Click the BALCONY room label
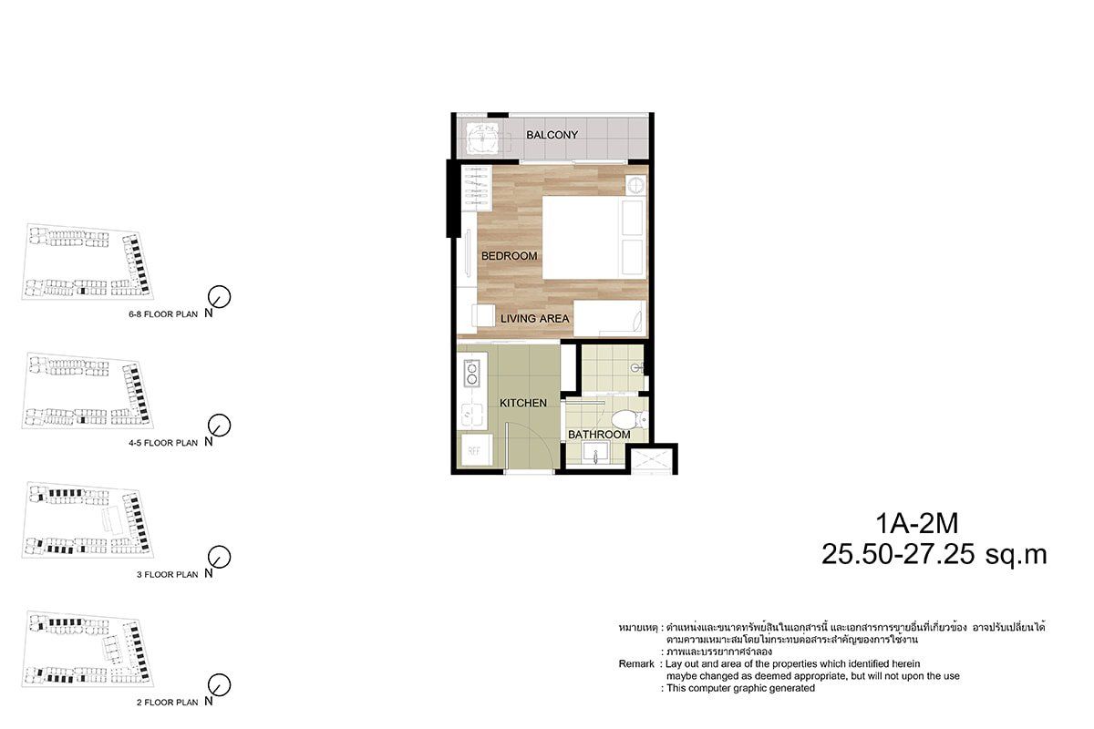pos(552,135)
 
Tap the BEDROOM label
pos(509,256)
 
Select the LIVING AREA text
pos(535,318)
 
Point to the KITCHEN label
pos(523,403)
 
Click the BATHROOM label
pos(599,435)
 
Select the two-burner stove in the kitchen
pos(472,373)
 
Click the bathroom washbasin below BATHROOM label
pos(595,454)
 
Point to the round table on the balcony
pos(482,138)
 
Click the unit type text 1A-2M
pos(917,523)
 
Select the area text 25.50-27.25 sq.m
pos(934,554)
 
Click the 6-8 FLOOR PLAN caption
pos(163,314)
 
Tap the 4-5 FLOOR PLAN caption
pos(163,443)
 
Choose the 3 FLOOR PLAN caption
pos(167,575)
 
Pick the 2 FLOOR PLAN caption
pos(167,703)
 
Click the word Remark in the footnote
pos(636,664)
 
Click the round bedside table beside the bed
pos(636,186)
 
